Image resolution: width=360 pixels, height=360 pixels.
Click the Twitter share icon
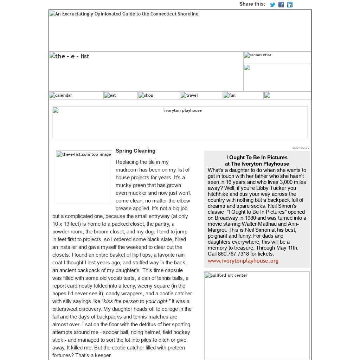[272, 5]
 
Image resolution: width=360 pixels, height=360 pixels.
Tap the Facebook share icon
[281, 5]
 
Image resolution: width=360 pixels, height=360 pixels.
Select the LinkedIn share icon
[290, 5]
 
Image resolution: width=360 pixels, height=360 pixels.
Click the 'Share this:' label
[252, 4]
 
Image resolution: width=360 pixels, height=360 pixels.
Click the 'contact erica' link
[260, 55]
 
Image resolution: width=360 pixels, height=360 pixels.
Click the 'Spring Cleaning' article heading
[135, 151]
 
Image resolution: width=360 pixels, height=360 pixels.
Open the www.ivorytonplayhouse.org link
[243, 261]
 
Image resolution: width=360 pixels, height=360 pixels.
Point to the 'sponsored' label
[301, 148]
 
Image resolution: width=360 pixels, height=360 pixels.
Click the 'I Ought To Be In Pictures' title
[257, 157]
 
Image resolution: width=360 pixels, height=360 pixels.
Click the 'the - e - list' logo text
[72, 56]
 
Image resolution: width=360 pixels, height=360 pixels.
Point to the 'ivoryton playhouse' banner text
[183, 110]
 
